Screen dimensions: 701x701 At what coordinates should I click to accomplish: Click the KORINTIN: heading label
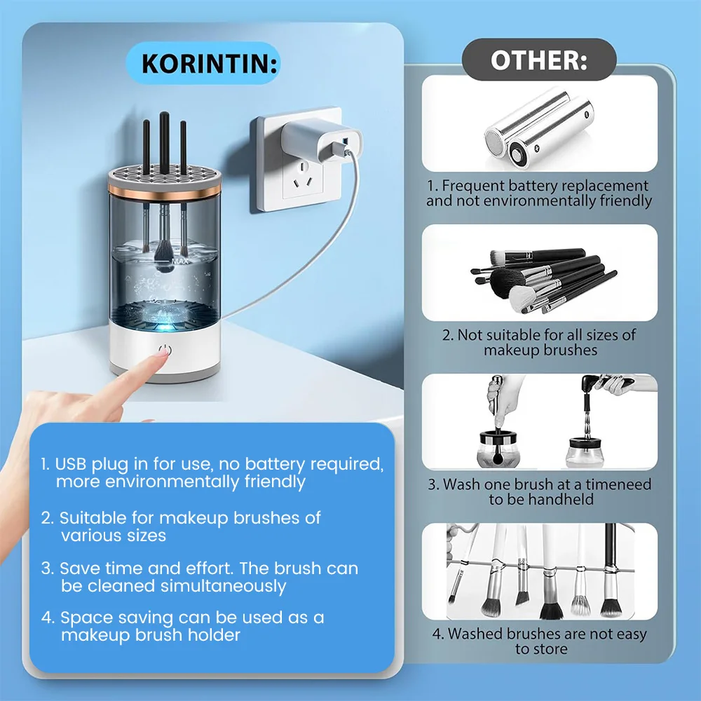click(209, 64)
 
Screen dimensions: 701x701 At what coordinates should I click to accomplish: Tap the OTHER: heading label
click(538, 60)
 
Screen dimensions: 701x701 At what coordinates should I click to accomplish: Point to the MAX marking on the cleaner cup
click(180, 261)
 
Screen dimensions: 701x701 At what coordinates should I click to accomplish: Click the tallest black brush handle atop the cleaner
click(165, 142)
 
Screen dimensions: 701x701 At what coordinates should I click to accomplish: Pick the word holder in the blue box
click(214, 635)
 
